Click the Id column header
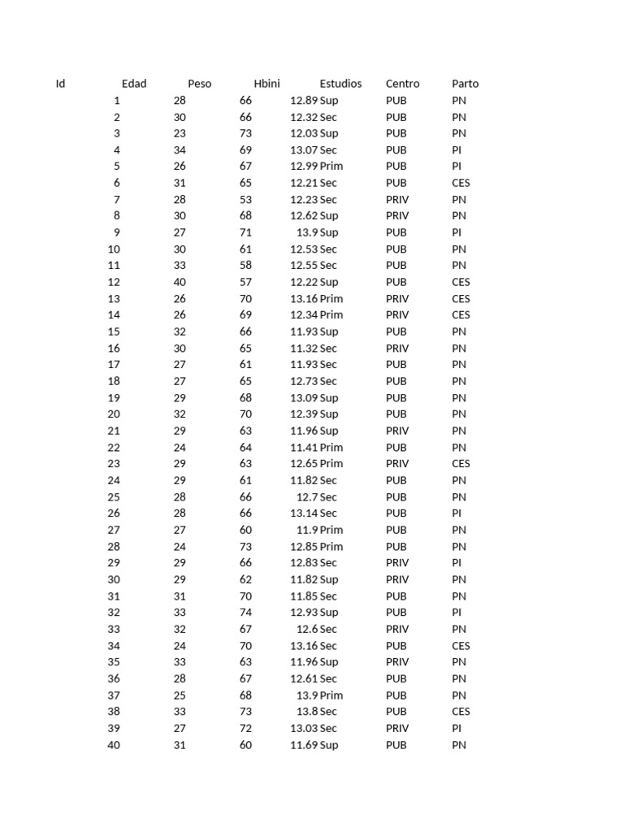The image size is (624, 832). coord(60,84)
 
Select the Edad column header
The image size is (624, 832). coord(134,84)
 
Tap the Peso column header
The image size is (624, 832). coord(199,84)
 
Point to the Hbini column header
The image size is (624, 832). coord(266,84)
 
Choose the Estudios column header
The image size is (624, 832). coord(340,84)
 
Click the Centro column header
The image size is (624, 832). coord(402,84)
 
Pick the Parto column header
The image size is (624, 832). coord(465,84)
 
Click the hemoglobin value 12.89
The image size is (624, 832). coord(304,101)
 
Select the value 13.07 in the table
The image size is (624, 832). coord(304,150)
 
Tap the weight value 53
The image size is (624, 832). coord(245,200)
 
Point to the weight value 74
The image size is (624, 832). coord(245,613)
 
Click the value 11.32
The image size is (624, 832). coord(304,349)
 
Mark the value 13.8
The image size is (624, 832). coord(307,712)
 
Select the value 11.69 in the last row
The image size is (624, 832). coord(304,745)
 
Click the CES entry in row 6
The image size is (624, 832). coord(461,184)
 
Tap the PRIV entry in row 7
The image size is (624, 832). coord(397,200)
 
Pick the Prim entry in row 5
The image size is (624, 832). coord(331,167)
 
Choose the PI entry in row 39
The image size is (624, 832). coord(457,729)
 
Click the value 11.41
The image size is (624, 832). coord(304,448)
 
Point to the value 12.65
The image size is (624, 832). coord(304,464)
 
